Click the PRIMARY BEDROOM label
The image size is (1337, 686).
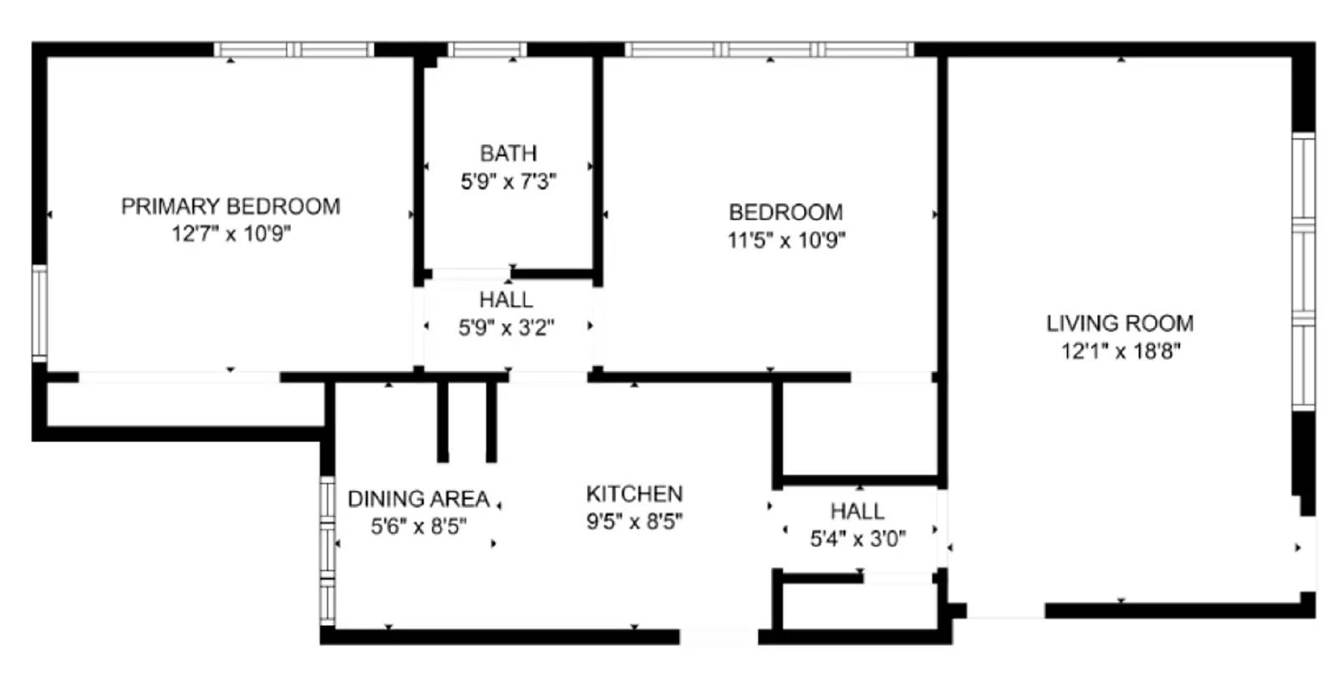click(231, 206)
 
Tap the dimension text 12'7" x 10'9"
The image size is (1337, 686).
click(231, 233)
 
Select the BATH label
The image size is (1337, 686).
click(508, 153)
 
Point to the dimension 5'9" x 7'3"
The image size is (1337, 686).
click(508, 181)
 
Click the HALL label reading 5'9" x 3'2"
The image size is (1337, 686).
click(506, 300)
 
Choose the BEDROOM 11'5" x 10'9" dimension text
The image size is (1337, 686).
click(785, 241)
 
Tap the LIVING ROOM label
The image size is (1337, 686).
click(1120, 323)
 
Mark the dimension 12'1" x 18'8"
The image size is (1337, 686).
click(1120, 351)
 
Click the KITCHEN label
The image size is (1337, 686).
click(634, 494)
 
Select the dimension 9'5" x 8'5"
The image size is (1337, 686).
click(634, 522)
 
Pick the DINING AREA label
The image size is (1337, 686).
click(418, 499)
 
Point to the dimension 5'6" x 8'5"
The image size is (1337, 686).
click(418, 526)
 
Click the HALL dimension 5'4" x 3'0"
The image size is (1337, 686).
click(857, 539)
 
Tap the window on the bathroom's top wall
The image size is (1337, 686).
click(487, 49)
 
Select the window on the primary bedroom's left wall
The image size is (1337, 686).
click(38, 312)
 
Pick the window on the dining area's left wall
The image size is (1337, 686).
click(328, 550)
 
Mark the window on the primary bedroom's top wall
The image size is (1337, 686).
click(294, 49)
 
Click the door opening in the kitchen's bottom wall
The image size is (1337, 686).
click(718, 638)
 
